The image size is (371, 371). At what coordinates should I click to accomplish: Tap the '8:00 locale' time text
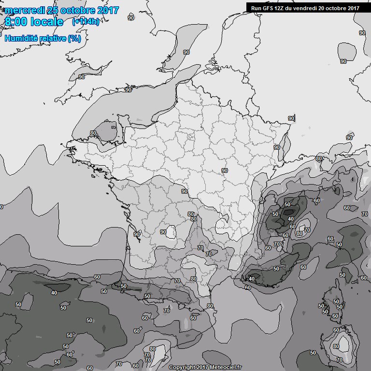[x=34, y=22]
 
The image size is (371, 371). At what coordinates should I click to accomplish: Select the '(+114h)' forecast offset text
[x=86, y=22]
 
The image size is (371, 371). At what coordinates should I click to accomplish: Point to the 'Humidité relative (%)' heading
[x=43, y=38]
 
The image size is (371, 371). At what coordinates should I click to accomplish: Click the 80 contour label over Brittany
[x=93, y=133]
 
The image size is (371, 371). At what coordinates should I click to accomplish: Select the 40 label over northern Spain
[x=54, y=292]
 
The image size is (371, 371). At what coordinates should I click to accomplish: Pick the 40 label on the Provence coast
[x=251, y=279]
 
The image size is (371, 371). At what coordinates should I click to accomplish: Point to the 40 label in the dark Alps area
[x=291, y=219]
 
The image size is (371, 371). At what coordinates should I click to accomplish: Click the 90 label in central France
[x=224, y=171]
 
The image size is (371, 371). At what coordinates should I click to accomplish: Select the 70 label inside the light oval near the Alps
[x=307, y=230]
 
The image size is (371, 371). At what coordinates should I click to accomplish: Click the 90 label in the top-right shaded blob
[x=343, y=61]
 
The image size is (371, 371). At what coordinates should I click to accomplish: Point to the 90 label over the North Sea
[x=186, y=52]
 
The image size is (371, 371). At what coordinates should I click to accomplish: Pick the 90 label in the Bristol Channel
[x=81, y=77]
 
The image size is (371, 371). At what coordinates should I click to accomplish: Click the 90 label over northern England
[x=131, y=18]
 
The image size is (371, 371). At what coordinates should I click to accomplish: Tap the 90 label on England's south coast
[x=128, y=90]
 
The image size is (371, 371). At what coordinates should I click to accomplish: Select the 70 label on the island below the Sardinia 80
[x=339, y=360]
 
